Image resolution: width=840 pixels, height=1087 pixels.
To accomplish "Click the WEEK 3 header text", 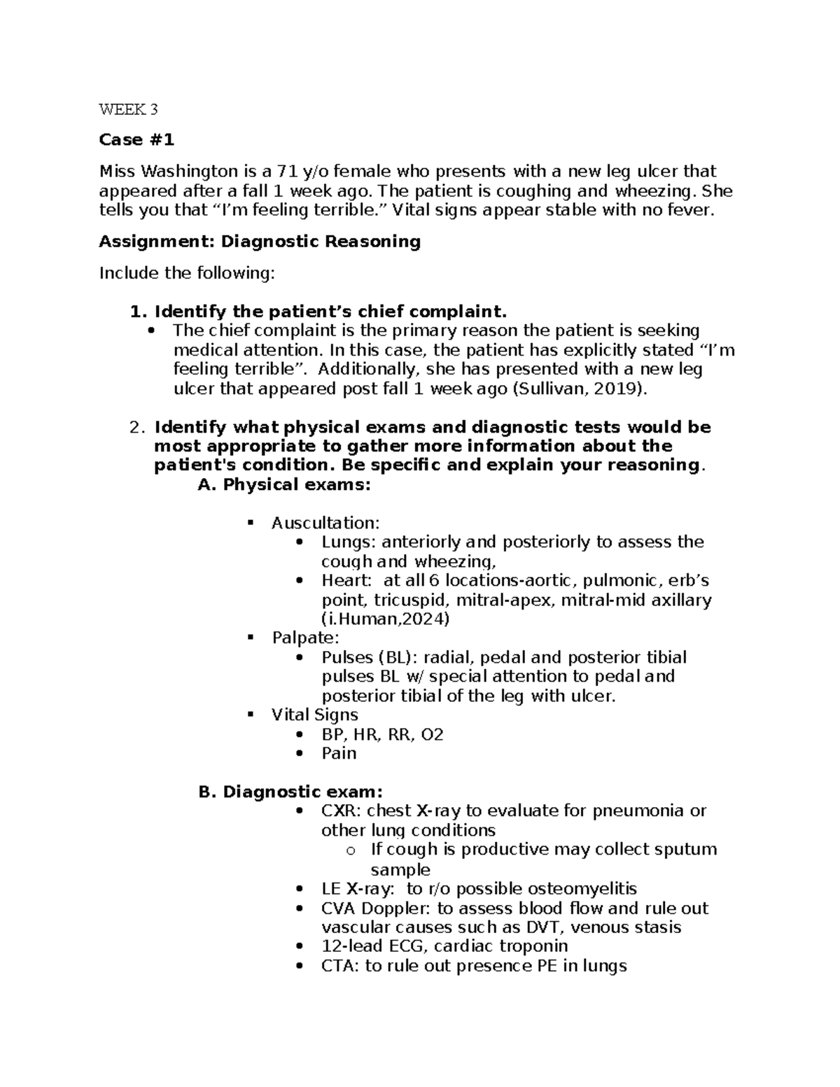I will tap(129, 109).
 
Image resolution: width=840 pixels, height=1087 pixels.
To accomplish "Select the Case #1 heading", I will tap(136, 140).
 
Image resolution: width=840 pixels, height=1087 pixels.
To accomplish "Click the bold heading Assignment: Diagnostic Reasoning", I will tap(260, 242).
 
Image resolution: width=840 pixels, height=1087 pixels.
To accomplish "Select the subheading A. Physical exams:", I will tap(284, 484).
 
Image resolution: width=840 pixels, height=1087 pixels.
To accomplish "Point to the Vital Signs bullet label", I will tap(314, 715).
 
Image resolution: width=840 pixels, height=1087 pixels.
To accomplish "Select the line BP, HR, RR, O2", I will tap(382, 734).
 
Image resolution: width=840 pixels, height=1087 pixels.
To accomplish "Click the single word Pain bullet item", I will tap(339, 753).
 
